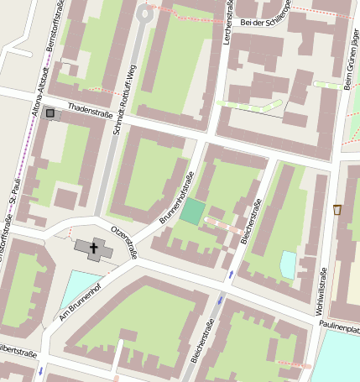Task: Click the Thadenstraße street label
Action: [x=90, y=109]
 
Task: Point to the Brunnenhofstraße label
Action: [x=176, y=200]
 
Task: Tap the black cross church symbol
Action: [x=93, y=249]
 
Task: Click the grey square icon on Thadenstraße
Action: [x=51, y=113]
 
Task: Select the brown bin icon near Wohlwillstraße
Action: [x=337, y=209]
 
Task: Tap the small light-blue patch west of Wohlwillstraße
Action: [x=289, y=264]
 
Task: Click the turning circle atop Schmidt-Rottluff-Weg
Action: [x=146, y=13]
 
